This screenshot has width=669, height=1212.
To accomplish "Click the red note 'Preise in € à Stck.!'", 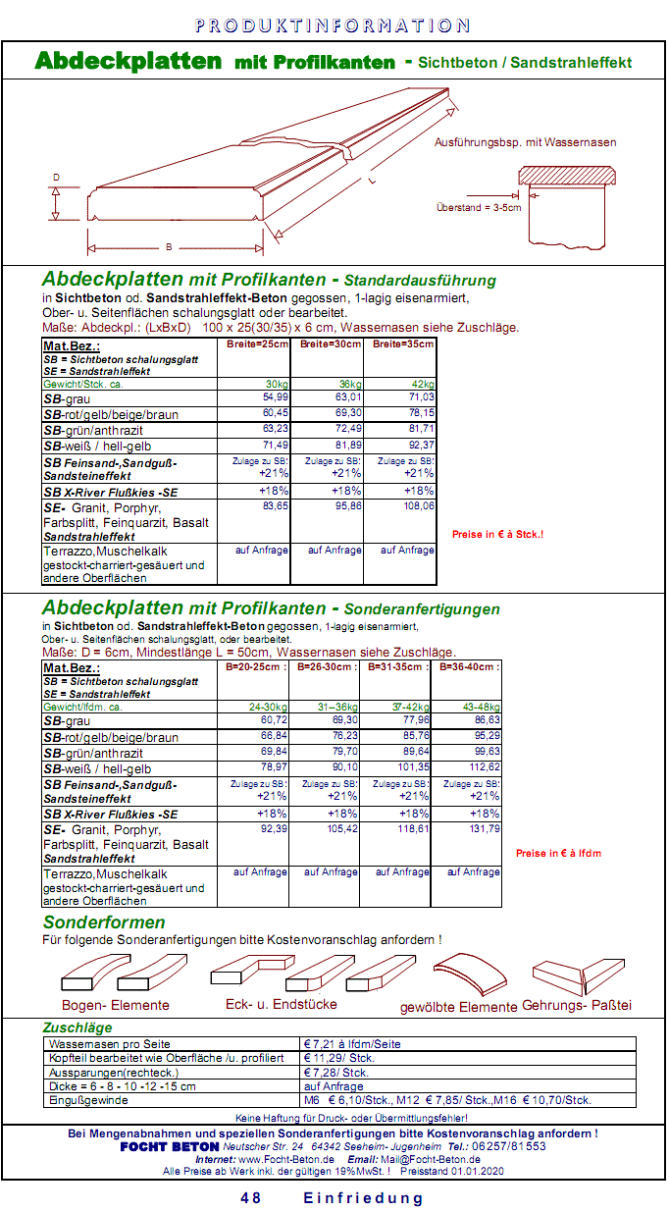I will (x=497, y=535).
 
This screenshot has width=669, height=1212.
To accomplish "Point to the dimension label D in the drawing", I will (x=56, y=178).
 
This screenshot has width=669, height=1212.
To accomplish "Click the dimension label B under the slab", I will (x=169, y=247).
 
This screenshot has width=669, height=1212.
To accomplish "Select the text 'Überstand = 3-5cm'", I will (x=479, y=208).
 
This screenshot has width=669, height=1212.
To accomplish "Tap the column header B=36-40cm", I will (x=466, y=666).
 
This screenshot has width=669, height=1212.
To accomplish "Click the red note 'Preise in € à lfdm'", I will (x=558, y=854).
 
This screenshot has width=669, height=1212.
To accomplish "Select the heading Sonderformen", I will (x=104, y=922).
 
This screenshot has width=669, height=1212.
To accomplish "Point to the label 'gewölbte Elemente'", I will (x=458, y=1007).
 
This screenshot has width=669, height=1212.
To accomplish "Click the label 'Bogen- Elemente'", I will (x=115, y=1005).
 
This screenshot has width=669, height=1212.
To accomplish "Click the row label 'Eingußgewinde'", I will (x=88, y=1100).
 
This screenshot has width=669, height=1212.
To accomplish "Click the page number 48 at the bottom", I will (x=251, y=1198).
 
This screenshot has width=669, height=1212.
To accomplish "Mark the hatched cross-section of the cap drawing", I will (x=569, y=177).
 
